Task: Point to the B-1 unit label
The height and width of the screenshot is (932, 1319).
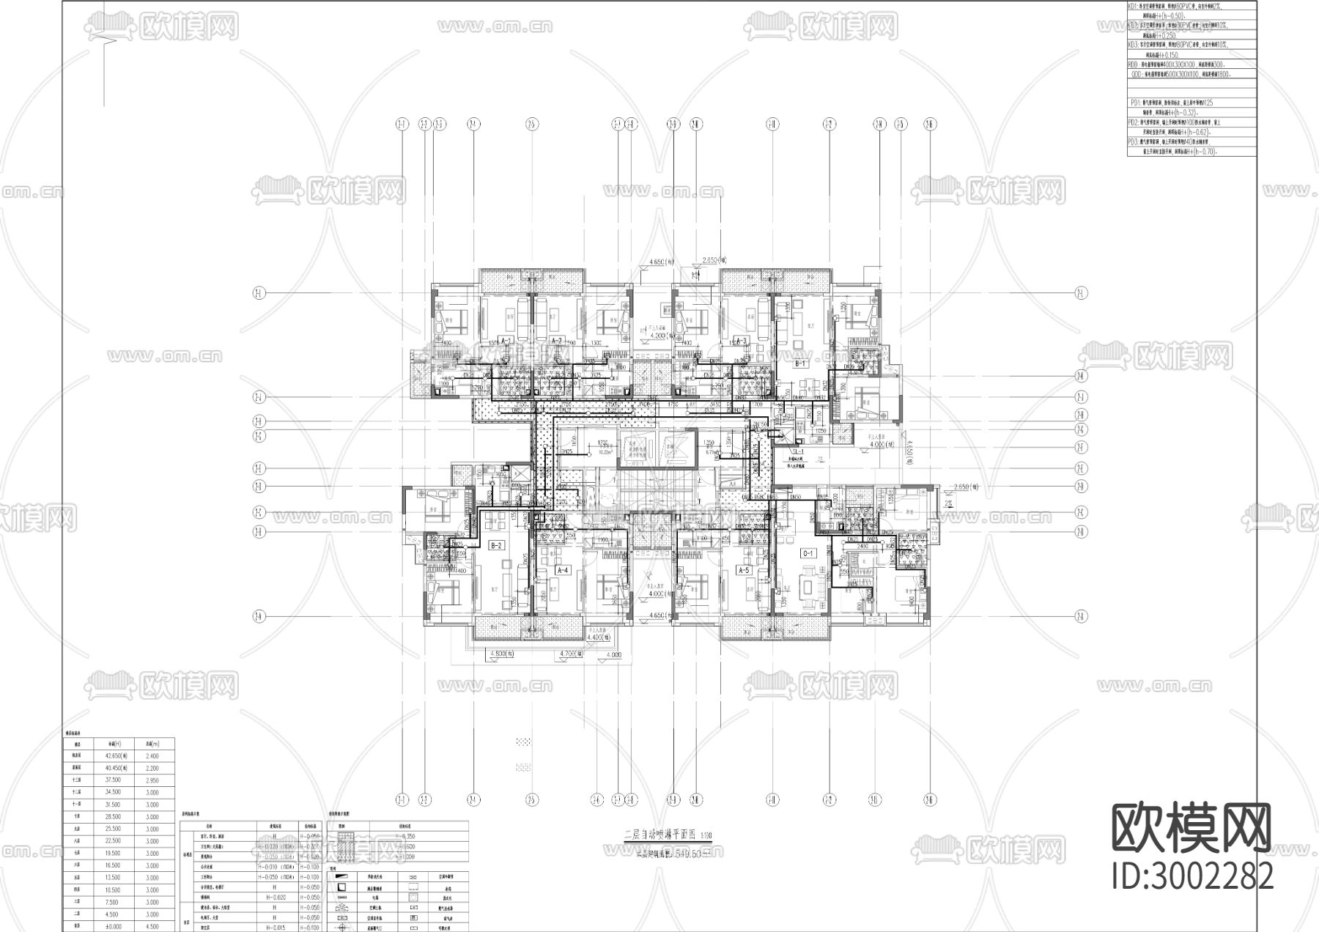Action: pos(800,363)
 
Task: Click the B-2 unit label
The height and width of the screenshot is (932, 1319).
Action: pos(496,545)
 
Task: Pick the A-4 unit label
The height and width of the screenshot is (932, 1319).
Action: pos(563,570)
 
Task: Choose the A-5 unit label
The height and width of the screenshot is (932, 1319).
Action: pos(744,570)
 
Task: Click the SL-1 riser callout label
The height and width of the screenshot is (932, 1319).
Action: pos(798,452)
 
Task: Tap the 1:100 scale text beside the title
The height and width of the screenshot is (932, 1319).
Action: pos(706,835)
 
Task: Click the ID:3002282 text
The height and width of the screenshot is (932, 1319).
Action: pos(1192,876)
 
